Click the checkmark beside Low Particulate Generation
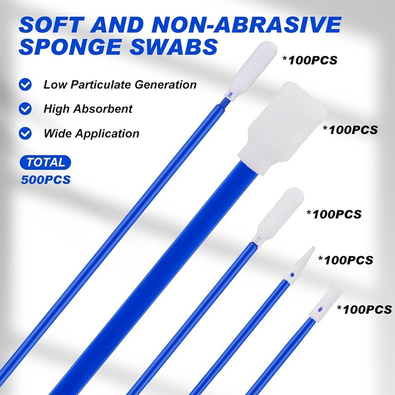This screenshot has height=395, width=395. [x=25, y=84]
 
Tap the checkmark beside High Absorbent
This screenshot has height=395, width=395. [x=25, y=109]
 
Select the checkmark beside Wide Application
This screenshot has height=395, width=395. [x=25, y=133]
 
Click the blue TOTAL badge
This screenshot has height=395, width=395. [x=46, y=162]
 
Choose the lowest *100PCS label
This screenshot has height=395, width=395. [x=364, y=310]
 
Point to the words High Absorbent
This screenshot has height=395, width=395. [x=88, y=109]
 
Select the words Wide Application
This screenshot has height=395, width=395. [x=91, y=133]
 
